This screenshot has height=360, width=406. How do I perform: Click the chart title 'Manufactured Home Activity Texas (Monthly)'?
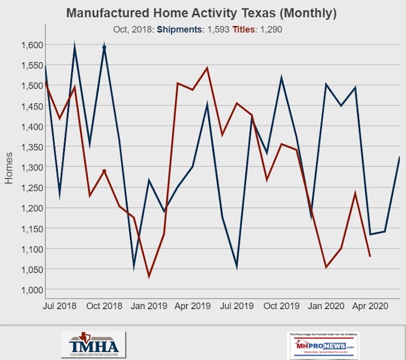pyautogui.click(x=201, y=13)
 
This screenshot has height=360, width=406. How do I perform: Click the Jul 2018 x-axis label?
pyautogui.click(x=61, y=306)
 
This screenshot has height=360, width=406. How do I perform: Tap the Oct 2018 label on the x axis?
pyautogui.click(x=104, y=306)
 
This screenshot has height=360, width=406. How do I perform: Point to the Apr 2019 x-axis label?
pyautogui.click(x=192, y=306)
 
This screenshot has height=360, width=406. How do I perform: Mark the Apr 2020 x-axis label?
pyautogui.click(x=370, y=306)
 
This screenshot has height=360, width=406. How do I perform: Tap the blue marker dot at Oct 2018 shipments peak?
pyautogui.click(x=104, y=48)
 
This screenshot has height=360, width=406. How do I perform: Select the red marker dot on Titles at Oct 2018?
pyautogui.click(x=104, y=171)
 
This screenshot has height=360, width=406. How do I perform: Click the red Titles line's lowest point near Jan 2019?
pyautogui.click(x=149, y=277)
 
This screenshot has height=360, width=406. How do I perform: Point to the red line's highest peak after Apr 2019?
pyautogui.click(x=207, y=68)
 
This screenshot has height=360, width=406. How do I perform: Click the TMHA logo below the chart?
pyautogui.click(x=93, y=344)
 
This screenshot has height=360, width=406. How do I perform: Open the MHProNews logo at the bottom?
pyautogui.click(x=322, y=344)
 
